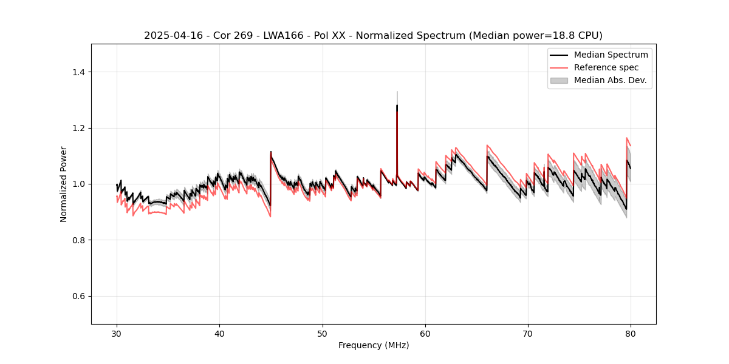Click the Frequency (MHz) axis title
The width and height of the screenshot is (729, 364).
coord(374,345)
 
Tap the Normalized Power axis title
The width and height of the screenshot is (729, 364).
coord(64,184)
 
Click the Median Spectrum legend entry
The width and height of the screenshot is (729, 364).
coord(611,55)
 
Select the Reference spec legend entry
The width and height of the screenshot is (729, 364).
coord(606,67)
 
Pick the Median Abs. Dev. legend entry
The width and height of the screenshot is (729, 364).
coord(610,80)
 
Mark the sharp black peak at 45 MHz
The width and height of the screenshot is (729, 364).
coord(271,152)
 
